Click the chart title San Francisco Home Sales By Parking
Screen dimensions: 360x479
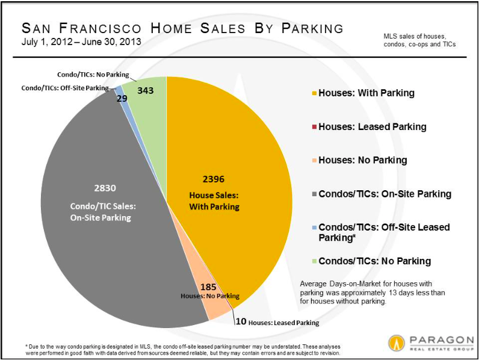[x=182, y=28]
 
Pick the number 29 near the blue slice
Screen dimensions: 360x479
[x=122, y=98]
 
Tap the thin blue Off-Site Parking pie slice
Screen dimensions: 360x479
[x=120, y=88]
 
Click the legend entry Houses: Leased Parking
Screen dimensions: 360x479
[x=368, y=126]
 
